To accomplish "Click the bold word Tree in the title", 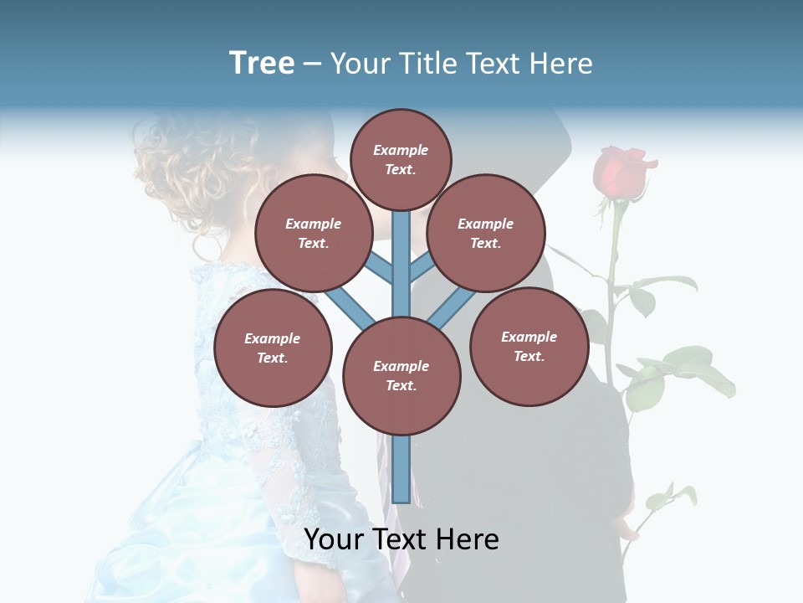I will (262, 64).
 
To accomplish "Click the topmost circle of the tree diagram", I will (401, 159).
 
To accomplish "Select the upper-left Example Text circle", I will (313, 233).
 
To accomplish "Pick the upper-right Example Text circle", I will (485, 233).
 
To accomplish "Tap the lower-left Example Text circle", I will (273, 348).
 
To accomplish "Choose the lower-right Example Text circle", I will (529, 346).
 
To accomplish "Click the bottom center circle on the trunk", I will (401, 375).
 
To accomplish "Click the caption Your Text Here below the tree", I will (401, 539).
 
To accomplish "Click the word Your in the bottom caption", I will (331, 539).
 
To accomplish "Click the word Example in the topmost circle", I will (401, 150).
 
